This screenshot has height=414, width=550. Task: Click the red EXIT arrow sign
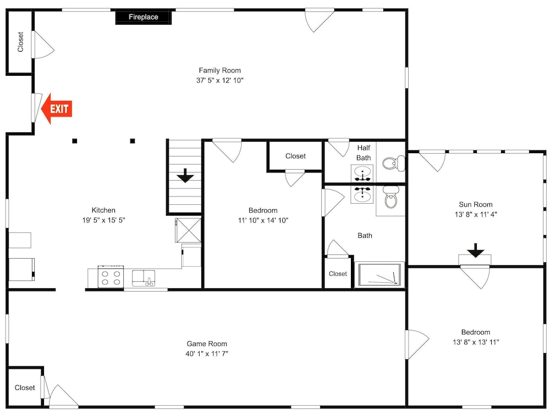57,109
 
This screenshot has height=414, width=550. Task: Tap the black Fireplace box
144,17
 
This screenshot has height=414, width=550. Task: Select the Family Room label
220,70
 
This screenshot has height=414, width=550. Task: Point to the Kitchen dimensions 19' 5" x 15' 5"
104,220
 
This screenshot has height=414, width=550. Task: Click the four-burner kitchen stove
111,277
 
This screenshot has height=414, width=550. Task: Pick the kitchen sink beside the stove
144,278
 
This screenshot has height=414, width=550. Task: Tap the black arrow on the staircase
185,176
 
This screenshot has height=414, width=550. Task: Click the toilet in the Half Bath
393,163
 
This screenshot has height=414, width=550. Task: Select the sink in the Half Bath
362,174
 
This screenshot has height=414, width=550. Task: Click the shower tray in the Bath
379,274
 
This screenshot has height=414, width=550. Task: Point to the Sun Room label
476,205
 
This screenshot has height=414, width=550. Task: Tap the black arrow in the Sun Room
476,250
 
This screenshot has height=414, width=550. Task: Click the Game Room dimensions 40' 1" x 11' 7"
207,354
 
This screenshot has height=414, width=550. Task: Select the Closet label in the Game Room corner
25,388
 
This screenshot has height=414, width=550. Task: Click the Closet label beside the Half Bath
295,156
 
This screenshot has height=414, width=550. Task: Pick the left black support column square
74,141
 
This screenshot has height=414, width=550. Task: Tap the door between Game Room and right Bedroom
417,344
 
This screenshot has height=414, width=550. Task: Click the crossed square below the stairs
188,230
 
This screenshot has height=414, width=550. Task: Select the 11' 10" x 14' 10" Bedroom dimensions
263,220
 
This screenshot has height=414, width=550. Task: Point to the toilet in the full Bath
391,197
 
